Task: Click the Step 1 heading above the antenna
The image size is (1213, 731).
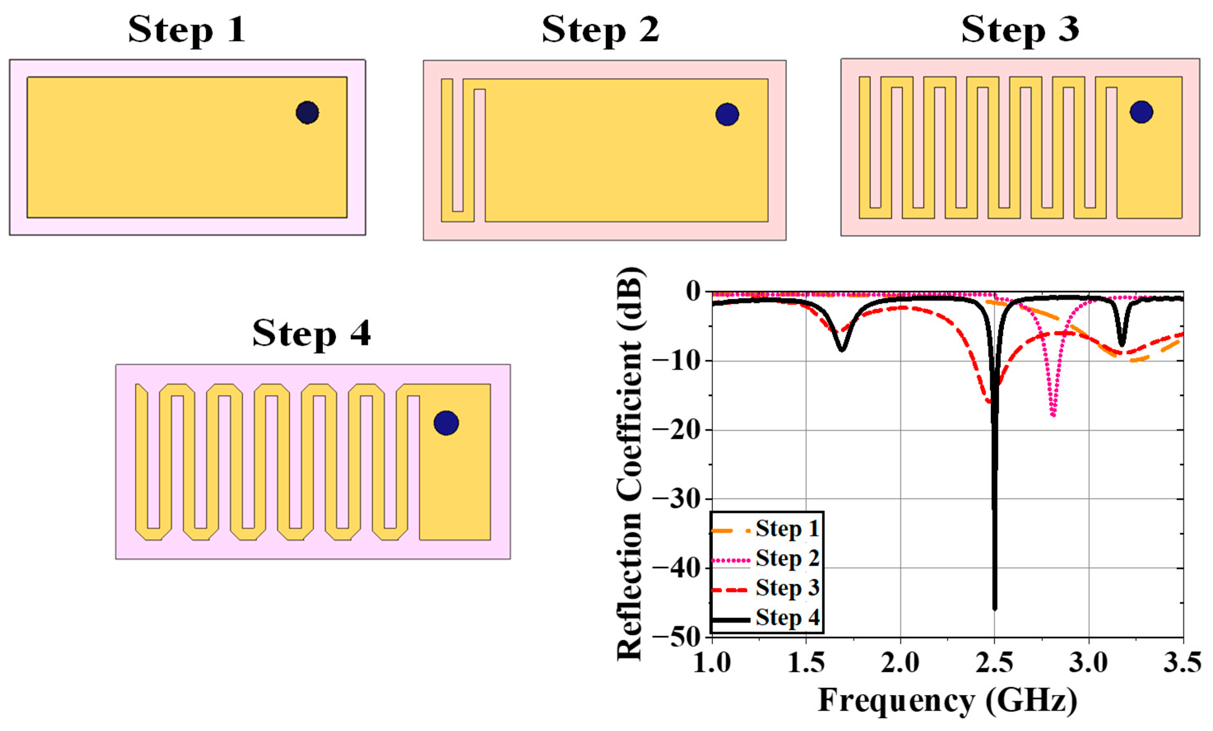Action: [187, 30]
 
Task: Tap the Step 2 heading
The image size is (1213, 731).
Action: [600, 30]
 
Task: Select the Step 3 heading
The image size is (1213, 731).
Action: [1020, 30]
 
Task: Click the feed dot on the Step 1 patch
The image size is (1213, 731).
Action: [307, 113]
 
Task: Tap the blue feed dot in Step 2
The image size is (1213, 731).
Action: [727, 114]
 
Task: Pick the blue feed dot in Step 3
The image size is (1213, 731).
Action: [1141, 112]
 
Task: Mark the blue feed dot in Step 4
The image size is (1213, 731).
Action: [446, 423]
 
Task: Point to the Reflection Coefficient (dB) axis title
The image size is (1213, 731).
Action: [630, 463]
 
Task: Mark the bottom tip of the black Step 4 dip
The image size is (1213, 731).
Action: [995, 609]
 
